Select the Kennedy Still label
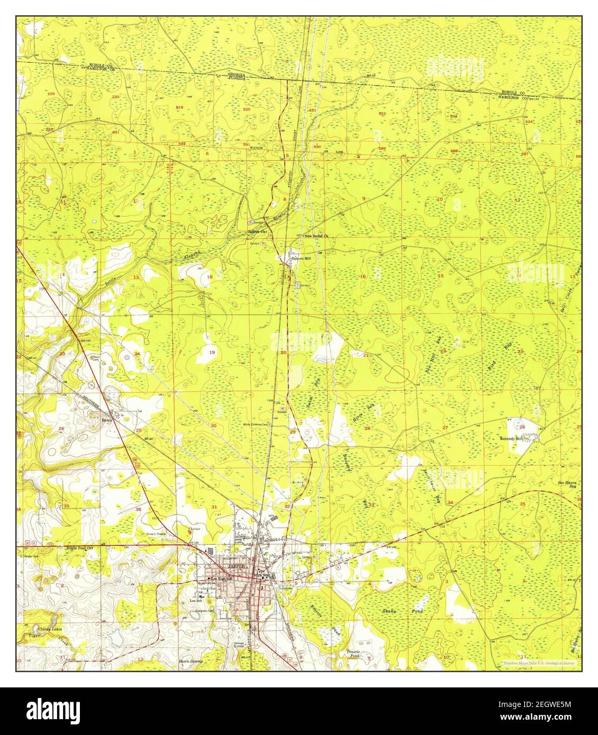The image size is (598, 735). [511, 439]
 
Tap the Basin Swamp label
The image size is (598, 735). [192, 660]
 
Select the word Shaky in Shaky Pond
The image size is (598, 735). [390, 610]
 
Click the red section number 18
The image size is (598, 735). [210, 277]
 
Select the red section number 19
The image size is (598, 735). [212, 352]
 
